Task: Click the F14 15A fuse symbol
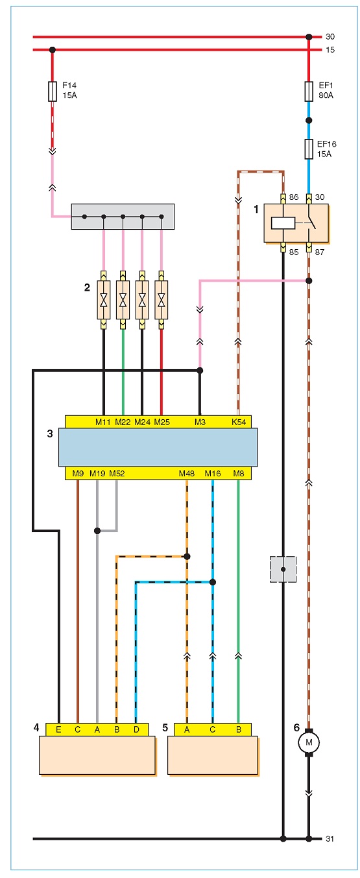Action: [x=53, y=91]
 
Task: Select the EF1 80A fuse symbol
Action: [x=309, y=91]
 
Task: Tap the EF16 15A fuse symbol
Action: [x=309, y=149]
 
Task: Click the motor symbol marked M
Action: [x=309, y=742]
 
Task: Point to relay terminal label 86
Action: [x=294, y=197]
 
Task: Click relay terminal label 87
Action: [x=320, y=252]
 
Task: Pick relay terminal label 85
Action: [x=294, y=252]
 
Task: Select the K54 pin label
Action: [x=239, y=422]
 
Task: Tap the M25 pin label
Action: [x=162, y=422]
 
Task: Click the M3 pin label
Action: [x=200, y=422]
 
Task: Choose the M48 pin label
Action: [x=187, y=474]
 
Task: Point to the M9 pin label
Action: [x=78, y=474]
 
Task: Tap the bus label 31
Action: [x=330, y=839]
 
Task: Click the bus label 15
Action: [x=330, y=50]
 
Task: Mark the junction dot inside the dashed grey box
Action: [x=283, y=569]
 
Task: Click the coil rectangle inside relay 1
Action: [x=283, y=223]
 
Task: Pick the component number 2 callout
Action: [x=87, y=287]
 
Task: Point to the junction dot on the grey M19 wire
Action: [x=97, y=531]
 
